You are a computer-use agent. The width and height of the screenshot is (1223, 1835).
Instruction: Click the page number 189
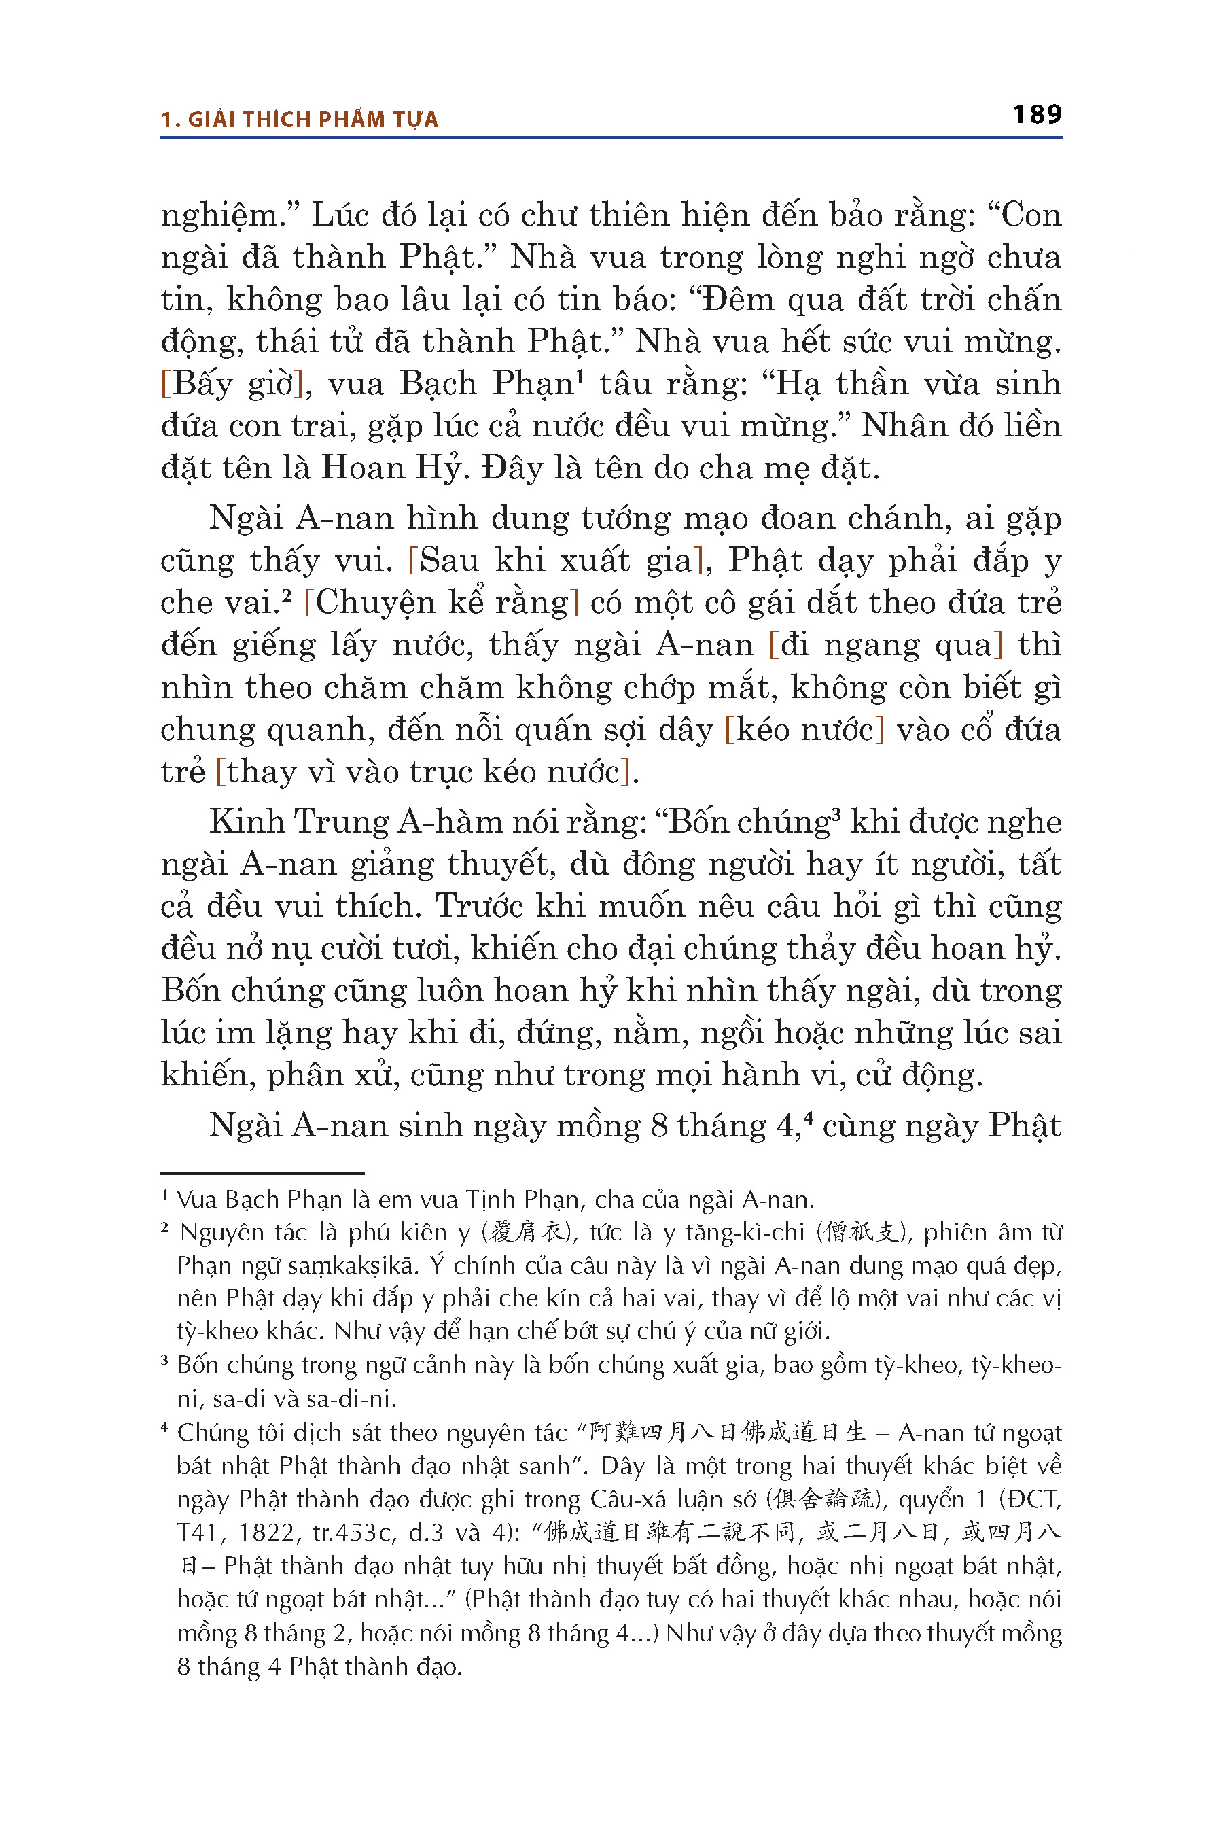(1037, 115)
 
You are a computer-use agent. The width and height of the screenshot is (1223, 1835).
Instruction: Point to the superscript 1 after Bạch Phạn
(580, 375)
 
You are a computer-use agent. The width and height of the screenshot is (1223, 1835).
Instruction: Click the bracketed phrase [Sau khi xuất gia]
(557, 560)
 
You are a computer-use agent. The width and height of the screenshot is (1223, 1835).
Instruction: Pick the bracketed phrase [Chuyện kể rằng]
(442, 602)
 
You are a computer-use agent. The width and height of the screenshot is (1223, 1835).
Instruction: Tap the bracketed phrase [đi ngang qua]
(885, 644)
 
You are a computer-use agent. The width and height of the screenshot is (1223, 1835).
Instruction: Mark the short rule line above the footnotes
(262, 1172)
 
